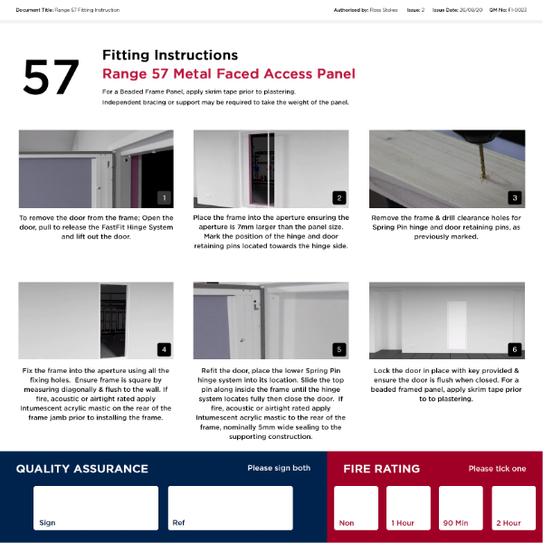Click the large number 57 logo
(x=51, y=79)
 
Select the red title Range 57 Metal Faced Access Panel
(x=228, y=74)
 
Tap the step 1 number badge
(x=164, y=197)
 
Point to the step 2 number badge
(x=338, y=197)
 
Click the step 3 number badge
(x=514, y=197)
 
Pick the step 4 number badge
(x=164, y=349)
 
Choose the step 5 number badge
(x=338, y=349)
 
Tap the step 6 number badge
(x=514, y=349)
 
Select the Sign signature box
(x=96, y=508)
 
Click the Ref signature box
(x=230, y=508)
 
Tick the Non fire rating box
(x=356, y=508)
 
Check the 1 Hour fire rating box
(x=408, y=508)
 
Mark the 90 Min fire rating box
(x=461, y=508)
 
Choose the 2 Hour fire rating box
(x=513, y=508)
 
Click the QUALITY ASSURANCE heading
(x=81, y=469)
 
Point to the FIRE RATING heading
(x=381, y=469)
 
